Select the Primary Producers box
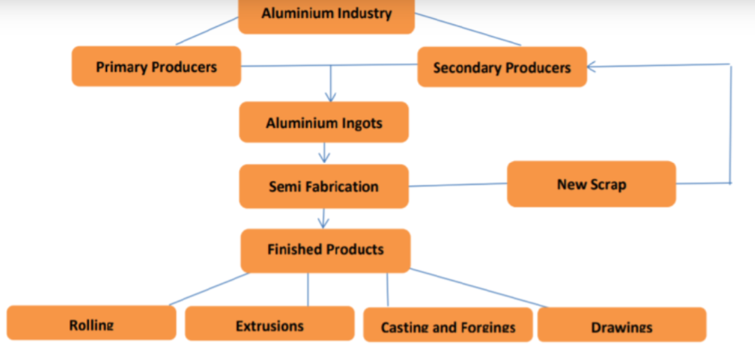156,66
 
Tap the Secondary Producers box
501,67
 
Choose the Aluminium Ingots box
324,123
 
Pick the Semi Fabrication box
323,187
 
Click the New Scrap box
591,184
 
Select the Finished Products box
325,250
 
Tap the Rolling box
91,323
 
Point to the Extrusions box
269,324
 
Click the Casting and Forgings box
448,325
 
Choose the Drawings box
622,325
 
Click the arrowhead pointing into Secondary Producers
593,66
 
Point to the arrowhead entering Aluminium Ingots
330,97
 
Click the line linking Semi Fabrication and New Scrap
457,185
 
